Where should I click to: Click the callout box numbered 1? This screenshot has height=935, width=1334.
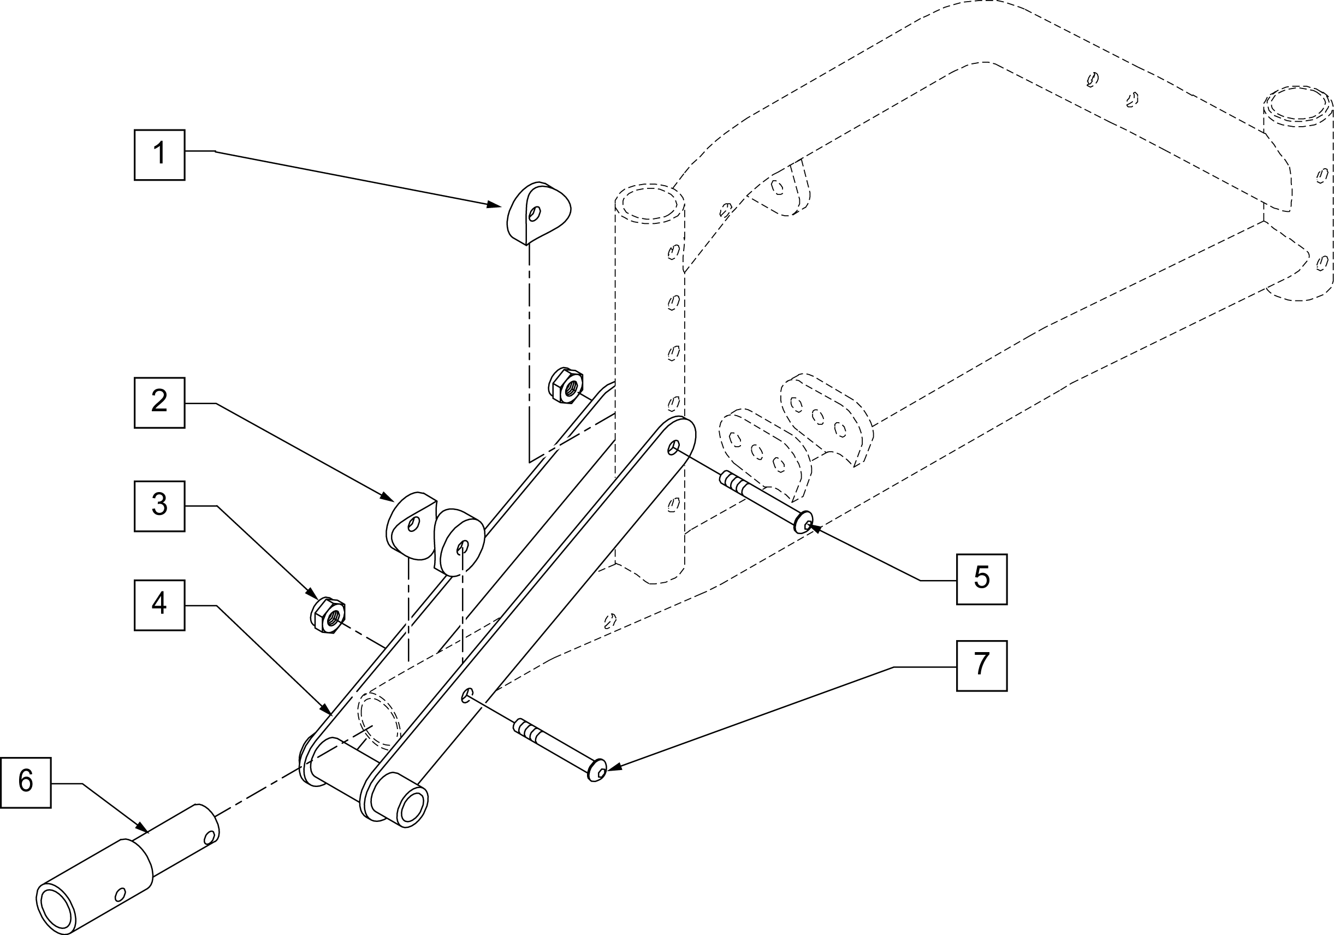(159, 155)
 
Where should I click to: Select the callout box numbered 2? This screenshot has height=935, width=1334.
(159, 403)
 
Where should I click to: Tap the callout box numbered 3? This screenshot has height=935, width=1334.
(159, 506)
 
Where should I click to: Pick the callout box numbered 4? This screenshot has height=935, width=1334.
(159, 605)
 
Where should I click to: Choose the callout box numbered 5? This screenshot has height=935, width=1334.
(981, 579)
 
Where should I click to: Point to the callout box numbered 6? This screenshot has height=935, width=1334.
(26, 782)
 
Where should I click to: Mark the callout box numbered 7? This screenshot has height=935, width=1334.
(981, 665)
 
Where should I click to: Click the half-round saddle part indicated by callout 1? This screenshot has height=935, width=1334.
(538, 212)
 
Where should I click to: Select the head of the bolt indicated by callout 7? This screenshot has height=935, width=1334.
(597, 771)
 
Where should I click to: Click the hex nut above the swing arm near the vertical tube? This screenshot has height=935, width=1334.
(565, 384)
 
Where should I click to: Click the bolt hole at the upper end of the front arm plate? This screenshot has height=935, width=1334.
(673, 447)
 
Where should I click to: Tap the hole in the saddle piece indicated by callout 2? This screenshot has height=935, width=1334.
(414, 524)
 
